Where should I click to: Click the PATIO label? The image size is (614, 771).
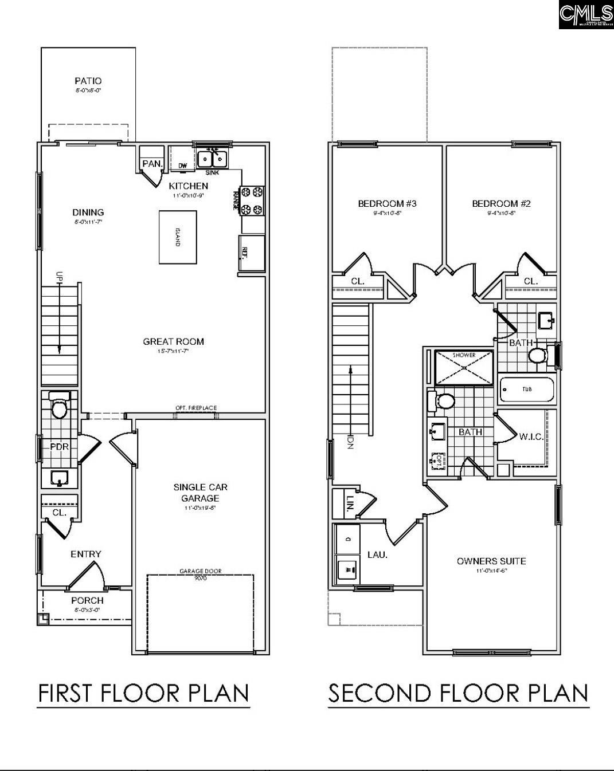pos(88,81)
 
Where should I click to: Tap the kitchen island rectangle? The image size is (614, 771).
pos(177,237)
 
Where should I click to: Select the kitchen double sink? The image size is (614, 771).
pos(212,158)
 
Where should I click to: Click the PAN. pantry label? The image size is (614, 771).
pos(151,164)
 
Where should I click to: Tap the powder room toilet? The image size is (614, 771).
pos(59,406)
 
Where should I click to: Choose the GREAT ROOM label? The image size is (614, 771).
pos(173,342)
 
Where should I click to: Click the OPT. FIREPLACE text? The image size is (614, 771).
pos(196,408)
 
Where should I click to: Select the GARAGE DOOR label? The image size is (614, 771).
pos(200,571)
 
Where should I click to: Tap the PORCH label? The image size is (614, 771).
pos(87,600)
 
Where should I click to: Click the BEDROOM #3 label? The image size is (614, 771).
pos(387,204)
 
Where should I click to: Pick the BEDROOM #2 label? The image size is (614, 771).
pos(501,204)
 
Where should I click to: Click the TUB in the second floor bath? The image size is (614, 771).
pos(527,390)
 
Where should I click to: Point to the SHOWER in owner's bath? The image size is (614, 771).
pos(464,367)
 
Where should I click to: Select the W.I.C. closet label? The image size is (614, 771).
pos(531,437)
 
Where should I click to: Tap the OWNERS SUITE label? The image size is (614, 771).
pos(491,561)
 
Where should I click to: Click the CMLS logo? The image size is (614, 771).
pos(586,15)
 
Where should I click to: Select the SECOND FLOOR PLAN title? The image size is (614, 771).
pos(458,693)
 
